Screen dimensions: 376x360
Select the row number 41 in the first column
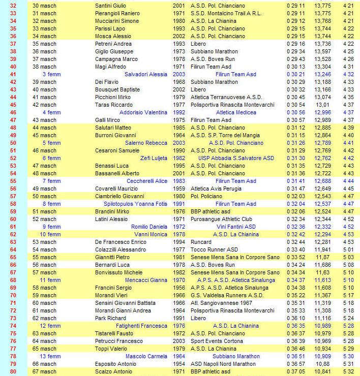pos(14,74)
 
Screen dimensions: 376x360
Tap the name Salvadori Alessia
pos(146,74)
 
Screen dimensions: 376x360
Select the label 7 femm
pos(51,181)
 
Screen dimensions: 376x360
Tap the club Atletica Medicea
pos(236,112)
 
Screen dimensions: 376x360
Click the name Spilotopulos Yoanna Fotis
pos(135,204)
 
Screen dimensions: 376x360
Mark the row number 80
pos(14,371)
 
